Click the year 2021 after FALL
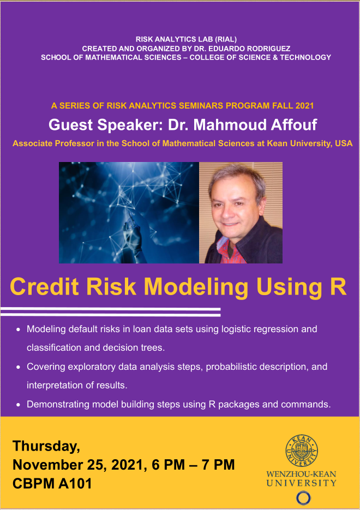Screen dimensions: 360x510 click(304, 106)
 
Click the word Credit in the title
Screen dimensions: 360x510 click(45, 286)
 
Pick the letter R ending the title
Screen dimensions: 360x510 click(338, 286)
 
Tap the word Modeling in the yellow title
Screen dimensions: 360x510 click(196, 287)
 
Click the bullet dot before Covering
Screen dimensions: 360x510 click(18, 367)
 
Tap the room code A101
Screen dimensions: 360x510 click(75, 484)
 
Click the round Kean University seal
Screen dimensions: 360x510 click(302, 451)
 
